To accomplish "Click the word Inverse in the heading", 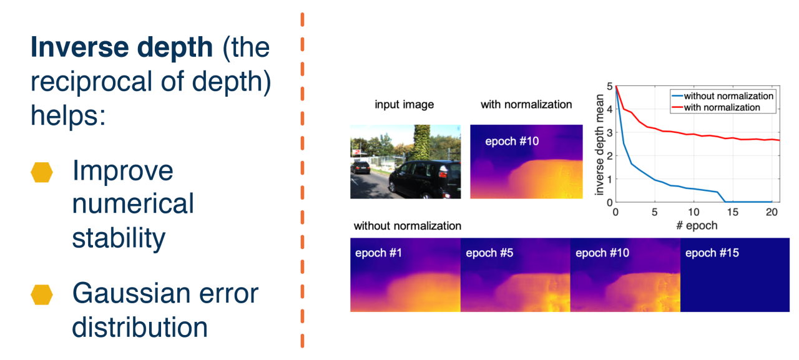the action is coord(79,47).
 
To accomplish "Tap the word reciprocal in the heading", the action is coord(92,81).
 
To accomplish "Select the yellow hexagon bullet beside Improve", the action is coord(42,173).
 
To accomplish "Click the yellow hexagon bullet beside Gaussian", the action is coord(42,294).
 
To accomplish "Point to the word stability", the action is coord(119,238).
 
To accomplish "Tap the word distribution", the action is coord(140,327).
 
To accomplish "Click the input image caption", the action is coord(404,105).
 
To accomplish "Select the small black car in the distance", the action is coord(361,168).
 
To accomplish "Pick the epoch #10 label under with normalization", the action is coord(512,141).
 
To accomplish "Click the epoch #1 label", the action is coord(378,253).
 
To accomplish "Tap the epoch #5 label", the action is coord(489,253).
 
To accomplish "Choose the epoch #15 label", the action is coord(712,253).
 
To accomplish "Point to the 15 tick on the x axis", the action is coord(732,212).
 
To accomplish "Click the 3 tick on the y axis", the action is coord(610,133).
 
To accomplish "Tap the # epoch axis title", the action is coord(697,226).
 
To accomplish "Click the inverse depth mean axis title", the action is coord(599,145).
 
